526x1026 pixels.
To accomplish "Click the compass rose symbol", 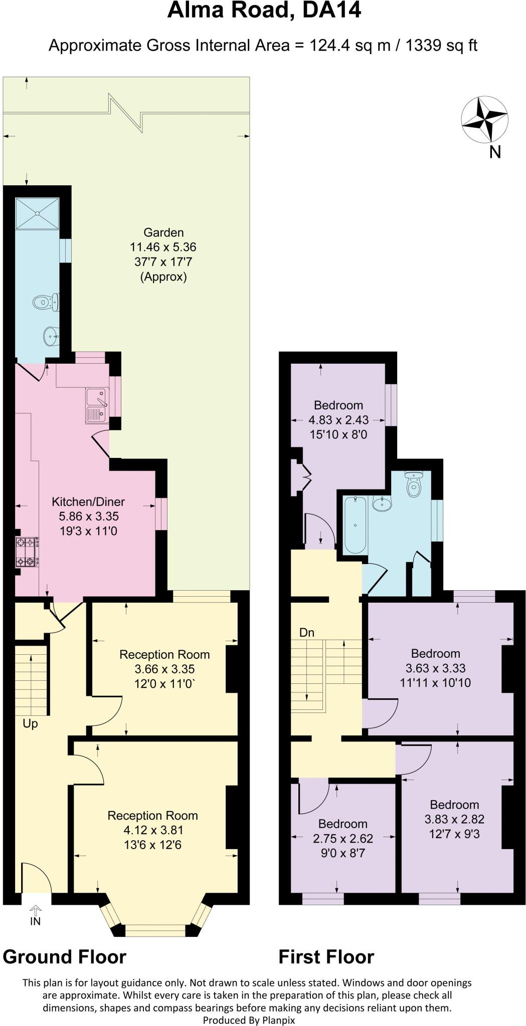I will pos(484,120).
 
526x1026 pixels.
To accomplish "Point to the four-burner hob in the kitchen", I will pos(27,552).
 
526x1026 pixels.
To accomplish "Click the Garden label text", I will pos(163,232).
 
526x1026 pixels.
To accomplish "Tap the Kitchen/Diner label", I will pos(88,501).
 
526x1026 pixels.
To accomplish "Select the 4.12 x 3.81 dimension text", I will pos(152,830).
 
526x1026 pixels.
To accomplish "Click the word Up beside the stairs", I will pos(30,724).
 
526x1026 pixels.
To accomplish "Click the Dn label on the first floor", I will pos(306,633).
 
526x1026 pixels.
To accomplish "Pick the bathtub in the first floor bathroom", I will pos(355,525).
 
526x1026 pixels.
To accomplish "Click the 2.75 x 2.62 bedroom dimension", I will pos(343,839).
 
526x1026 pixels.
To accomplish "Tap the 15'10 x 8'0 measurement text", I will pos(338,434).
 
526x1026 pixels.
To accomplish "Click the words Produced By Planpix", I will pos(249,1019).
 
